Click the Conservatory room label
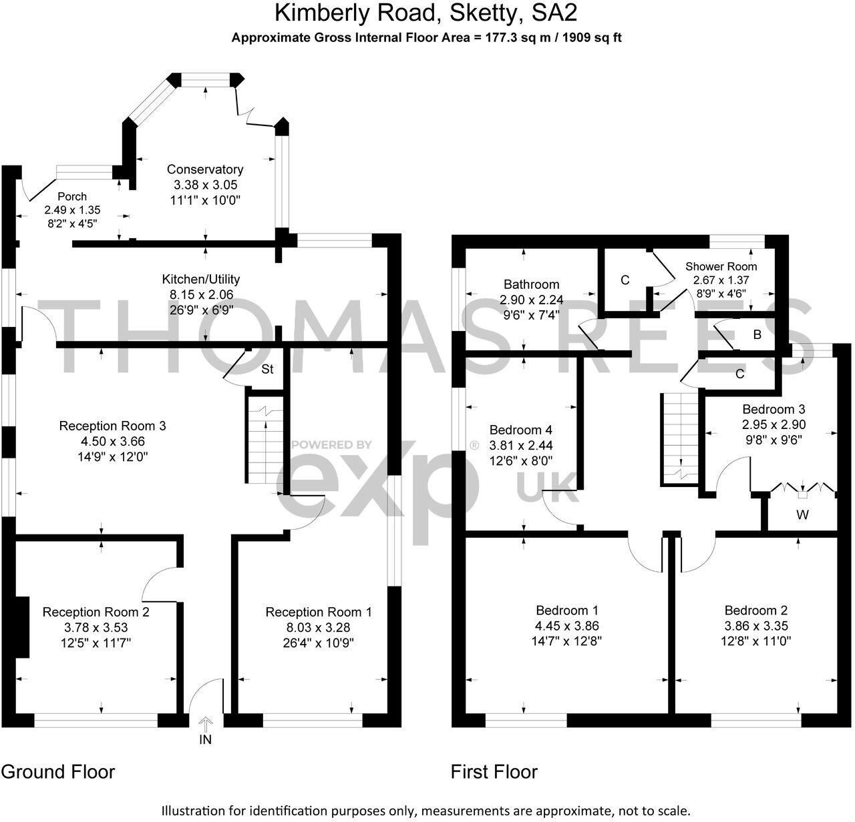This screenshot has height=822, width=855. click(x=204, y=169)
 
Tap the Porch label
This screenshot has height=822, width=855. click(x=71, y=196)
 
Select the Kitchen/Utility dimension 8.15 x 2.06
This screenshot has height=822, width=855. click(x=200, y=294)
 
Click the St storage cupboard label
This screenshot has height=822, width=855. click(x=267, y=369)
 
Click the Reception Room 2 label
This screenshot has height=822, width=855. click(x=96, y=612)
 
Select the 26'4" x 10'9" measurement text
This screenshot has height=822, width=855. click(x=319, y=643)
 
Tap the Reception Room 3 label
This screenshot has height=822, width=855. click(x=112, y=426)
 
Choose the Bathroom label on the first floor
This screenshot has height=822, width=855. click(x=531, y=284)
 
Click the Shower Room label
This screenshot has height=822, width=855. click(x=721, y=266)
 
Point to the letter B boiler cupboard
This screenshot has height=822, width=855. click(x=757, y=335)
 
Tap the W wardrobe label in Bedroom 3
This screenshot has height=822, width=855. click(x=802, y=515)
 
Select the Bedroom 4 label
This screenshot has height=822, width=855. click(x=520, y=430)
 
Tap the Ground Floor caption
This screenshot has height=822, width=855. click(x=58, y=772)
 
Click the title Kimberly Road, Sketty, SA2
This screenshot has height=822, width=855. click(x=426, y=13)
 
